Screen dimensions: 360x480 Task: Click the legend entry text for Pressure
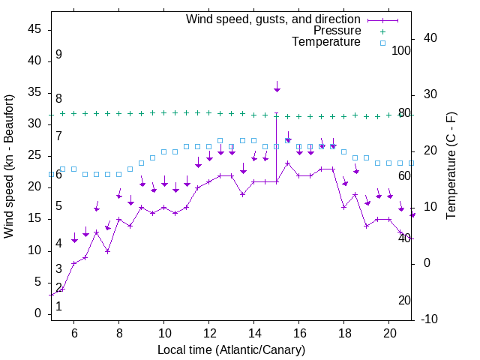click(337, 31)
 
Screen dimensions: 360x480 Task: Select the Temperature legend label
click(326, 42)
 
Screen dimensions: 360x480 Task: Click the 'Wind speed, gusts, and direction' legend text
click(274, 19)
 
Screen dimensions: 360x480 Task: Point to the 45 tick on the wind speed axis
click(34, 29)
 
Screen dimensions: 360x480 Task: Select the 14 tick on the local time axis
click(254, 332)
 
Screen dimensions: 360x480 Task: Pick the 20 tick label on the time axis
click(389, 332)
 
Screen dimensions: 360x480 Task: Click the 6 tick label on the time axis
click(73, 332)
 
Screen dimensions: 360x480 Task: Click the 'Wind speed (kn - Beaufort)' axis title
click(10, 166)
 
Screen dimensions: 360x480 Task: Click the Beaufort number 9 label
click(58, 55)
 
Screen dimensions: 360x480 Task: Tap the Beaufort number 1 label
click(58, 306)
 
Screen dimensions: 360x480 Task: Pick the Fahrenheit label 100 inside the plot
click(401, 51)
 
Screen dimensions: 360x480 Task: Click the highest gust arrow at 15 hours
click(277, 88)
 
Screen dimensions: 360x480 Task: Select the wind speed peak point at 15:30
click(288, 163)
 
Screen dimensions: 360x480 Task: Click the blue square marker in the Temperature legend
click(382, 43)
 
